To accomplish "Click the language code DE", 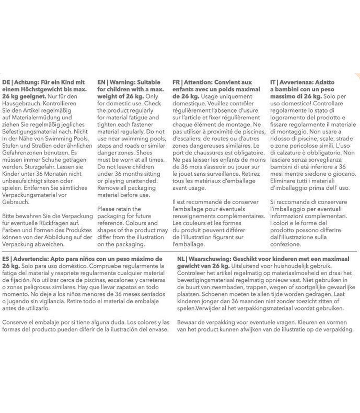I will pos(6,82).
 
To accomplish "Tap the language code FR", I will pos(177,82).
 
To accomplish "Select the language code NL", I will pos(181,259).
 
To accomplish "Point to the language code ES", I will pos(5,259).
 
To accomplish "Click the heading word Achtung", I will pos(25,82).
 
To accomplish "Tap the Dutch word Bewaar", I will pos(187,322).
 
